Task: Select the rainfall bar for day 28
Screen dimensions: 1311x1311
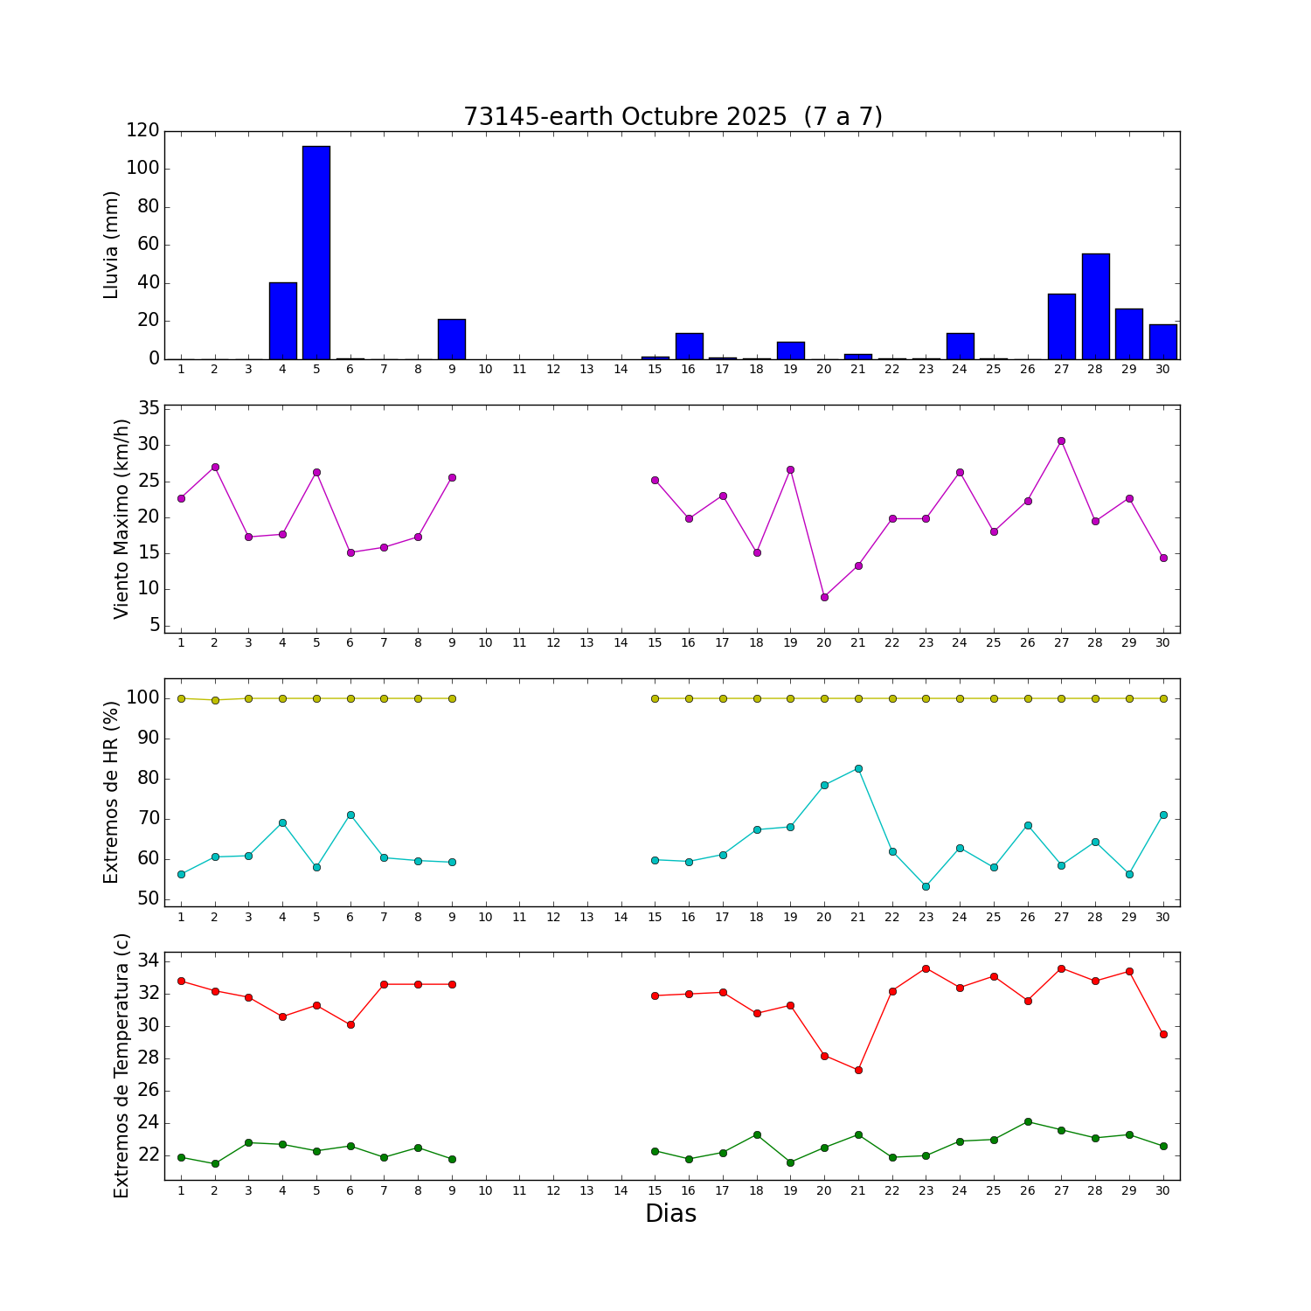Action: click(1095, 306)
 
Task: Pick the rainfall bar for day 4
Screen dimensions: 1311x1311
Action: click(282, 321)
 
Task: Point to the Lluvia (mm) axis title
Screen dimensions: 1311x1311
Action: click(111, 245)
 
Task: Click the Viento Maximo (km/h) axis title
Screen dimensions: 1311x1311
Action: click(121, 518)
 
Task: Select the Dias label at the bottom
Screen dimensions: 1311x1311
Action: click(670, 1214)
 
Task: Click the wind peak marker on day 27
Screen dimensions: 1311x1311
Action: click(1061, 440)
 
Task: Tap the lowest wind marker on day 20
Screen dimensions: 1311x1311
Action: click(824, 597)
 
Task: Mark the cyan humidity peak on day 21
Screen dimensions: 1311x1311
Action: click(858, 768)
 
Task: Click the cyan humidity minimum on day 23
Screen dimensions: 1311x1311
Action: click(926, 886)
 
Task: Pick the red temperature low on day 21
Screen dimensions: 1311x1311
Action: click(858, 1070)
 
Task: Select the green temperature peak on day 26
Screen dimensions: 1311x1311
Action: click(1028, 1121)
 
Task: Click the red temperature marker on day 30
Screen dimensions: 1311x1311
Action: click(1163, 1034)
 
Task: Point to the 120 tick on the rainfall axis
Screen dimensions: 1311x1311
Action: click(142, 130)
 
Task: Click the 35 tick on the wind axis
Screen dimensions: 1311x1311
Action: click(149, 408)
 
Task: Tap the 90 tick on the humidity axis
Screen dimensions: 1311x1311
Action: click(148, 739)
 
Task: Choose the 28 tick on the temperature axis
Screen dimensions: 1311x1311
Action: click(149, 1058)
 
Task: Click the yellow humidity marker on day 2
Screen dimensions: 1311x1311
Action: click(215, 699)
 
